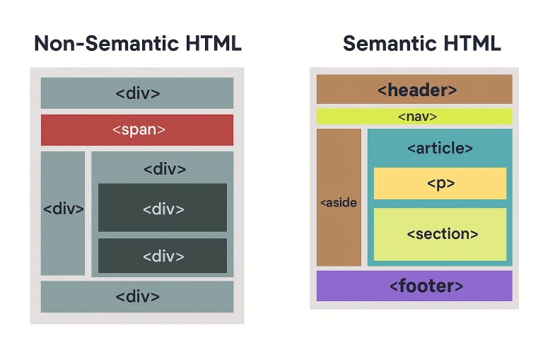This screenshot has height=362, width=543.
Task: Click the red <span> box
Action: point(136,130)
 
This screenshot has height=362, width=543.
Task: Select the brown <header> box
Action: point(414,90)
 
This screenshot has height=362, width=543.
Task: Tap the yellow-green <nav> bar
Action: point(414,117)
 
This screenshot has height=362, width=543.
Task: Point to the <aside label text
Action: point(339,203)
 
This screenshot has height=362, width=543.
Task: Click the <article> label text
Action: point(440,148)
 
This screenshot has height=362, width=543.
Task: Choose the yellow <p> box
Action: point(440,184)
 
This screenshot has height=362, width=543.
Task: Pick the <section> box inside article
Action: point(440,234)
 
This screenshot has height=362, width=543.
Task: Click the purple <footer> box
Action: point(414,286)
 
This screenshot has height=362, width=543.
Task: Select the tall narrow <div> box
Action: point(63,209)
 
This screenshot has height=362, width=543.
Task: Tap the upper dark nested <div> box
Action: point(163,209)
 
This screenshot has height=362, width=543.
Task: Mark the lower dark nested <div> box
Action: point(163,256)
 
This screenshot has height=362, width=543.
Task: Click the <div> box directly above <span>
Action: point(136,93)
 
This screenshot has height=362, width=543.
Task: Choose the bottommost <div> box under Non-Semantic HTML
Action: point(136,296)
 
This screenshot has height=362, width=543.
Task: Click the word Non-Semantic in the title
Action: point(100,43)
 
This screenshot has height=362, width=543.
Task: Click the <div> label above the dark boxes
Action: point(164,170)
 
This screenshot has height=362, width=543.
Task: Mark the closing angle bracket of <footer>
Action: point(460,286)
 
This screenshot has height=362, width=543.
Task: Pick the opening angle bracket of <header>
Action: point(382,90)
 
